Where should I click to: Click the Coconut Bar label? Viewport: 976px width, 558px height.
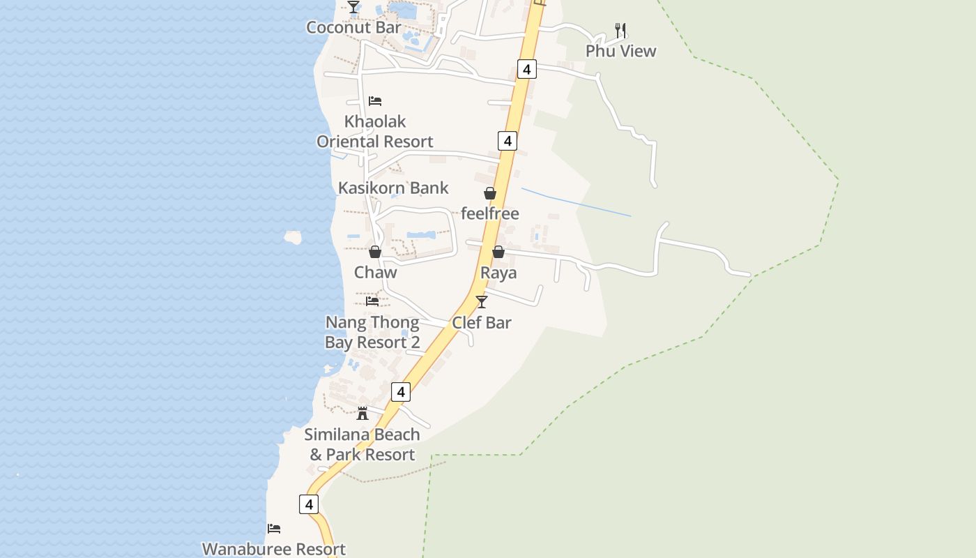(353, 28)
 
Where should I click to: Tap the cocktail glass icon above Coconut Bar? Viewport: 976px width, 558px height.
(353, 7)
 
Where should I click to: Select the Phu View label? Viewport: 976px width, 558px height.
(620, 51)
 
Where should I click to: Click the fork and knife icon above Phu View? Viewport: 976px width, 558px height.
(620, 30)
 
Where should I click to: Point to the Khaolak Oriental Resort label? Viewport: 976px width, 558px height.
(375, 132)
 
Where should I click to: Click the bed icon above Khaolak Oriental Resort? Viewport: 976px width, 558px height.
(375, 100)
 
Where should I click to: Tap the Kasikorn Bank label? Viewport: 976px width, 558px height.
(393, 188)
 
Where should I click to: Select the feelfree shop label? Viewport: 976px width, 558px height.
(490, 213)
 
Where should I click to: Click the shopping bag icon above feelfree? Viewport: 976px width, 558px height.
(490, 193)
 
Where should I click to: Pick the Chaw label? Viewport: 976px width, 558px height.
(375, 272)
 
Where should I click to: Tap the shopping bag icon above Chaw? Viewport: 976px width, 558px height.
(375, 252)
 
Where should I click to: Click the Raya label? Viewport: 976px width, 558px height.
(498, 273)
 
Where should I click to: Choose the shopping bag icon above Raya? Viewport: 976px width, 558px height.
(498, 252)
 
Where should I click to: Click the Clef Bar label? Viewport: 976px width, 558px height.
(482, 322)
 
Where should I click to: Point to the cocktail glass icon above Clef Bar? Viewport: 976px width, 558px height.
(482, 301)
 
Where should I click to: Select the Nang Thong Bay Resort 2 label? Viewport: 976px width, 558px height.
(372, 333)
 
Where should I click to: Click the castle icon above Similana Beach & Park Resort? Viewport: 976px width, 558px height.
(363, 414)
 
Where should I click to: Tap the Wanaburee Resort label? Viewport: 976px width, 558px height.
(274, 549)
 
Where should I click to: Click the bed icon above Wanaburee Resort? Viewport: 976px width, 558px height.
(274, 529)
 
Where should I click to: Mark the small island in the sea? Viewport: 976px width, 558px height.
(293, 238)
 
